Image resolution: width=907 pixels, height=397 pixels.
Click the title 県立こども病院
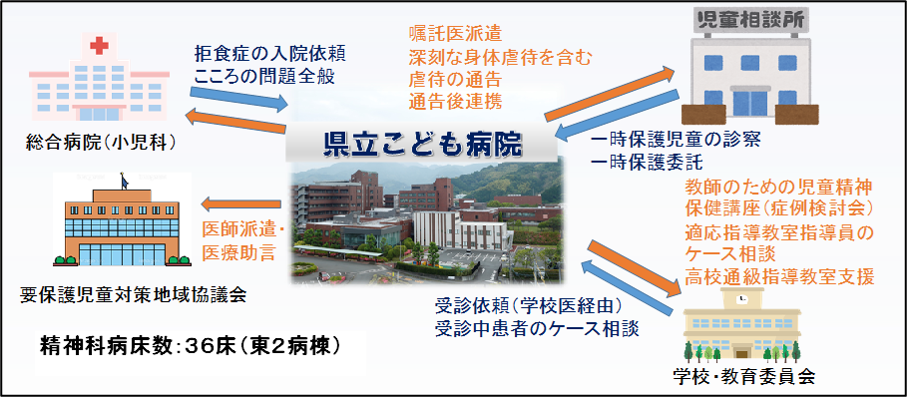[x=423, y=146]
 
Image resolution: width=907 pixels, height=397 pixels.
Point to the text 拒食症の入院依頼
[x=270, y=54]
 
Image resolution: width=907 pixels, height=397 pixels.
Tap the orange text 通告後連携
[x=455, y=102]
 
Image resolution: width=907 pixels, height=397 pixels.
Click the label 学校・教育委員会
[x=744, y=376]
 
